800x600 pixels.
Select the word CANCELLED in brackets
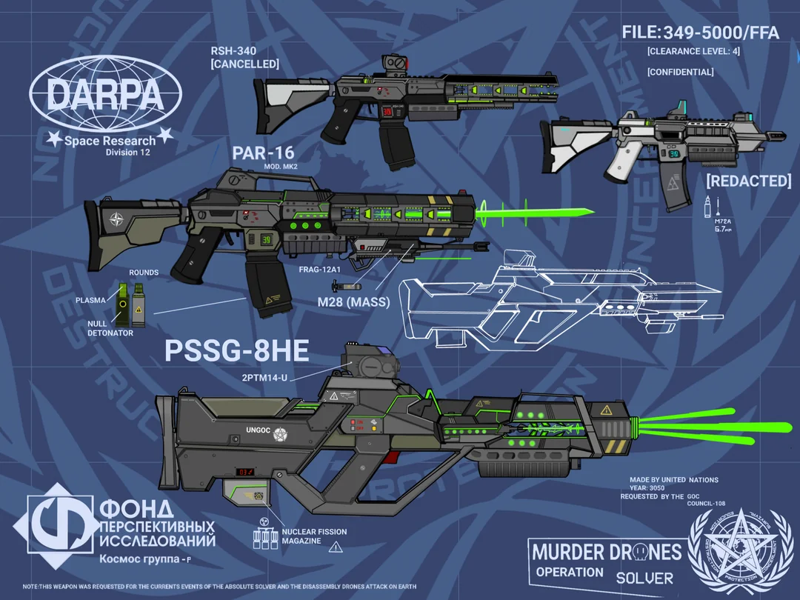pos(245,64)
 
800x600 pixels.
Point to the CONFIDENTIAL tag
pos(680,72)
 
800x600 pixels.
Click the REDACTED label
pos(748,181)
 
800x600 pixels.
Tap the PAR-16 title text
pos(263,153)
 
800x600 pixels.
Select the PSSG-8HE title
pos(226,350)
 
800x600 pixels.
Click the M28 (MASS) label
pos(353,301)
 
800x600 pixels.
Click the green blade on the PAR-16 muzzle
pos(533,214)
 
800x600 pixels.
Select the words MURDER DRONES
pos(606,552)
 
